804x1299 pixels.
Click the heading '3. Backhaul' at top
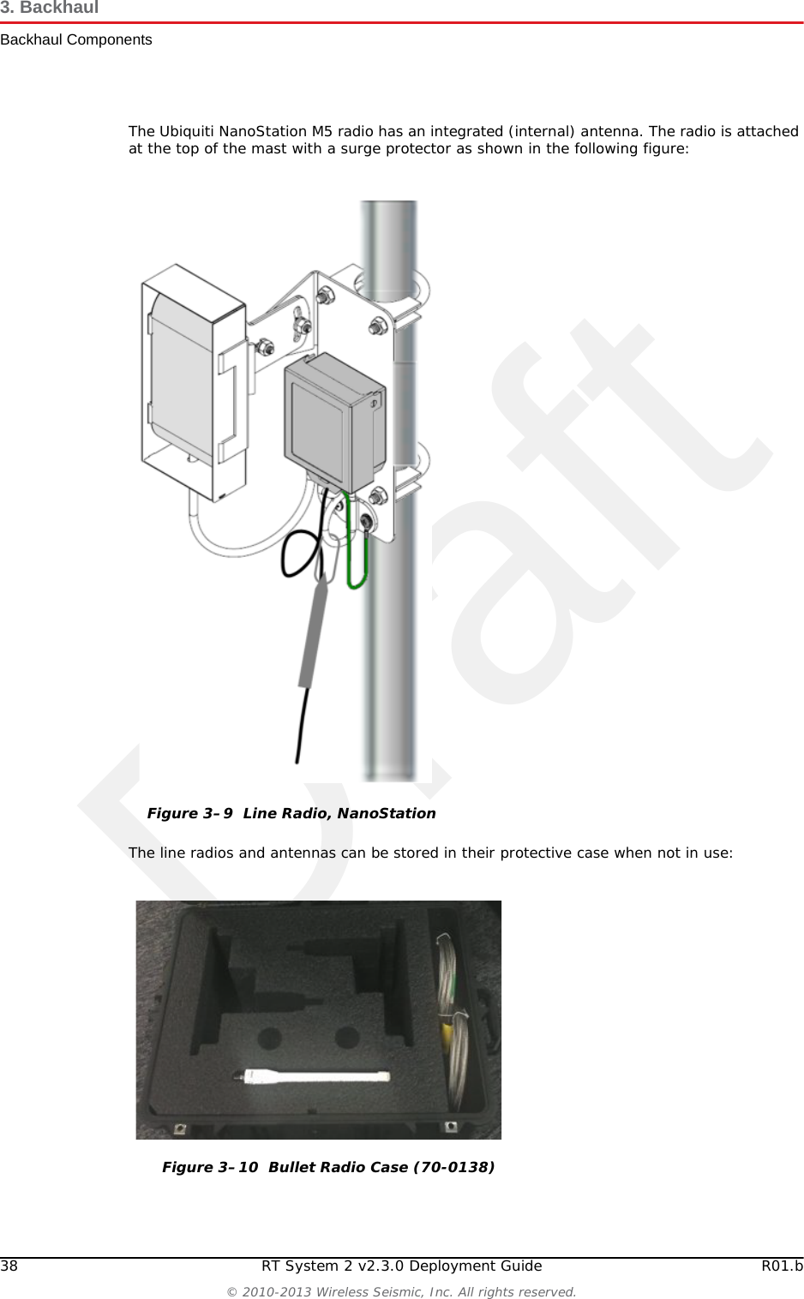tap(50, 8)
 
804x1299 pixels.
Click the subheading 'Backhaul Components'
tap(76, 40)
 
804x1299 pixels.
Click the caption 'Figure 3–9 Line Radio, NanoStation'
tap(291, 813)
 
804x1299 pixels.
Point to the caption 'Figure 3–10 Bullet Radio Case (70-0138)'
tap(328, 1167)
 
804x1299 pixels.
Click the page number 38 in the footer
tap(9, 1266)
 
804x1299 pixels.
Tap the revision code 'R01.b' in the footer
tap(782, 1266)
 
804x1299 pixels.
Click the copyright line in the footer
tap(402, 1292)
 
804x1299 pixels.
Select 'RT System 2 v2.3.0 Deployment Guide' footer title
tap(402, 1266)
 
